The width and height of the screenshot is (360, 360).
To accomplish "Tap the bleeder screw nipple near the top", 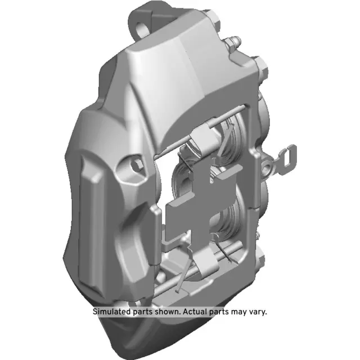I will click(233, 42).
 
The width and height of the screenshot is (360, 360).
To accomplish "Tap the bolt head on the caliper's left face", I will click(136, 164).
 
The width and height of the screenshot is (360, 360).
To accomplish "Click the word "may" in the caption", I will click(237, 311).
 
